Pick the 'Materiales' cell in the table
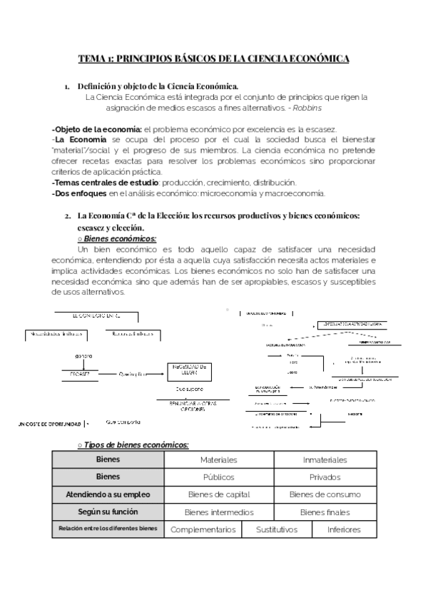tap(218, 460)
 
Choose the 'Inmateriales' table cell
tap(325, 460)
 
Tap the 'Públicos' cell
tap(218, 477)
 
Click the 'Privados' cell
tap(325, 477)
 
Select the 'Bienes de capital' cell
tap(218, 494)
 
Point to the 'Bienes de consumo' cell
tap(325, 494)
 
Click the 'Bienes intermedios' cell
tap(218, 512)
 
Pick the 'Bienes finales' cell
tap(325, 512)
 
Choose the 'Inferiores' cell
tap(344, 530)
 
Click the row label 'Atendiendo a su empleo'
tap(108, 494)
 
